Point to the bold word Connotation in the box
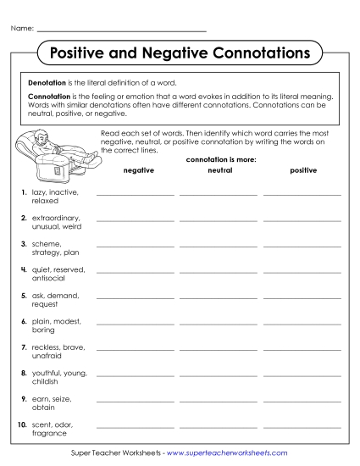[48, 97]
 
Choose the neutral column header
[219, 170]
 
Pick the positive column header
[302, 170]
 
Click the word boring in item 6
[42, 330]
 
